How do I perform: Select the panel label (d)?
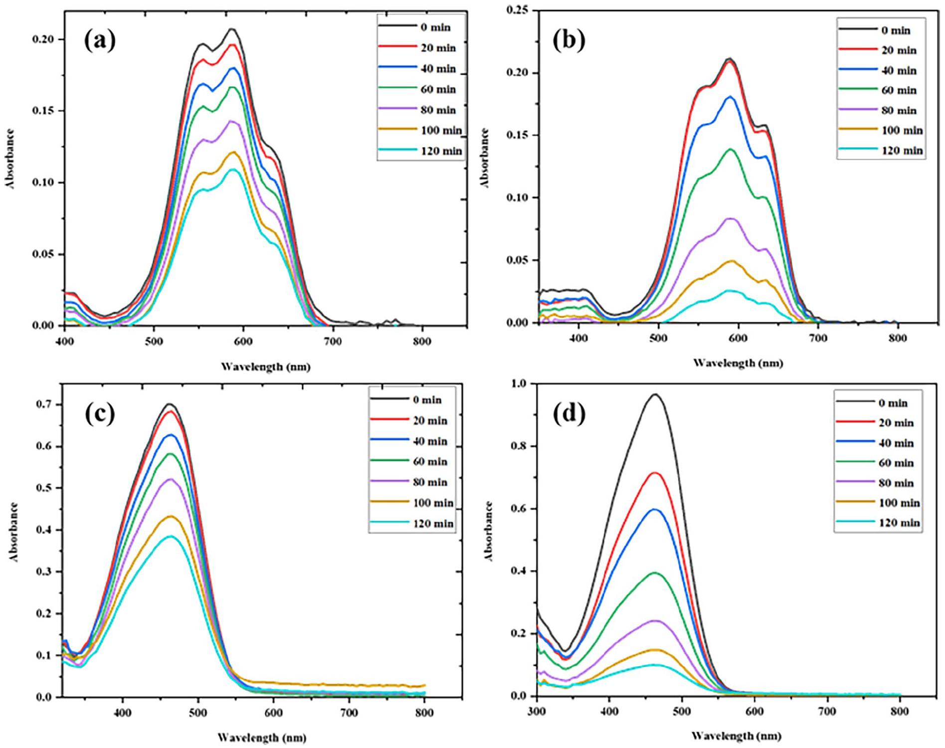568,414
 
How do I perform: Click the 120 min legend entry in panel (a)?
420,151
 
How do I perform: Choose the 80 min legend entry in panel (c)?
409,482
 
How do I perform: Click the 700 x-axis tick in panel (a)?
333,342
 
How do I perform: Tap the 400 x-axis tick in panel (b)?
578,338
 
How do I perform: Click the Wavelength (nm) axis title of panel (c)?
262,737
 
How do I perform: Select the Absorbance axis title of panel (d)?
489,532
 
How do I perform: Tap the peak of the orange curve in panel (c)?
171,516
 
